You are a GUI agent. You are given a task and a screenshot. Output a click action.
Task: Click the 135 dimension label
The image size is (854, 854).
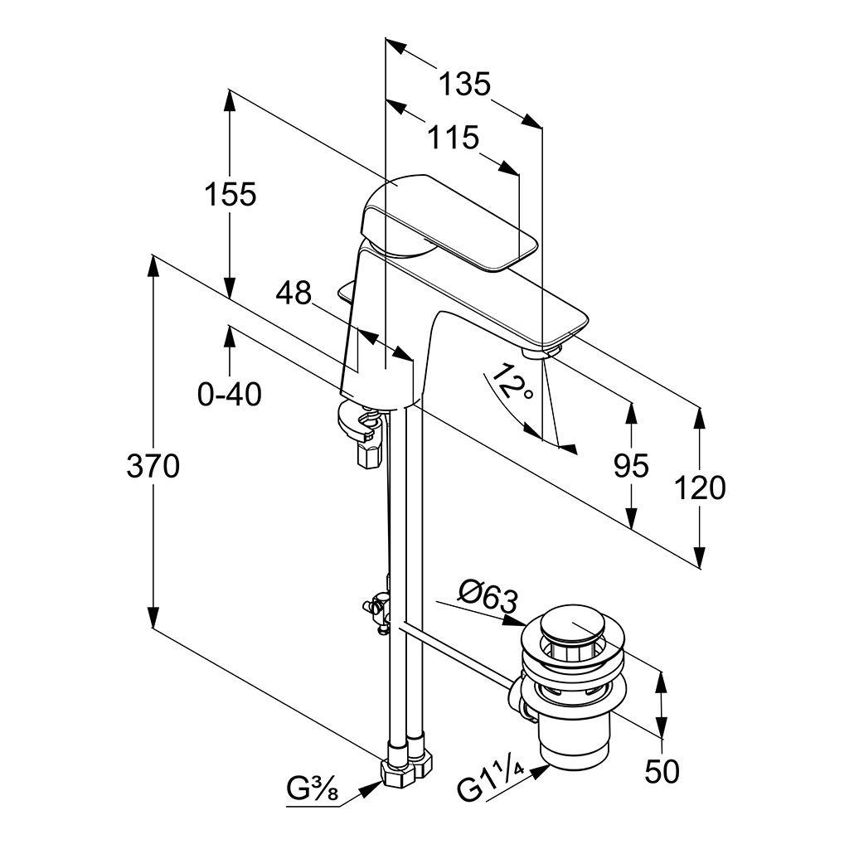click(x=464, y=84)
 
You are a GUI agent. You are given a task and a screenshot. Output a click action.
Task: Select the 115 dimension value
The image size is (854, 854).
click(x=453, y=137)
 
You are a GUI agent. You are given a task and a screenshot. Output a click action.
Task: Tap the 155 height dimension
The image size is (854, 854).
click(x=230, y=194)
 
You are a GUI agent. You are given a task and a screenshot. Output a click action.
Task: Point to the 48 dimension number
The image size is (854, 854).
click(x=294, y=293)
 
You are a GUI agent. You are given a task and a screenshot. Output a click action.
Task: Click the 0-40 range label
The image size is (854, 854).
click(x=230, y=394)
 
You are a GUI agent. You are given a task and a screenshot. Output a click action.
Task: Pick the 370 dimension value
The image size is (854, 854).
click(x=153, y=467)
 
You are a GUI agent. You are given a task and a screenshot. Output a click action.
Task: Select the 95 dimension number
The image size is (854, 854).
click(x=631, y=467)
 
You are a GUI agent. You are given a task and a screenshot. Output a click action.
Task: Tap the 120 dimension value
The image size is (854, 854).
click(x=700, y=488)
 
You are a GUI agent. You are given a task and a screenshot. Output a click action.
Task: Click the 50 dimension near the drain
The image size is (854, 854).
click(x=661, y=771)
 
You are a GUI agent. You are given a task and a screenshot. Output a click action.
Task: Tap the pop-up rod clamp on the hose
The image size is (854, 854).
click(x=377, y=610)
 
